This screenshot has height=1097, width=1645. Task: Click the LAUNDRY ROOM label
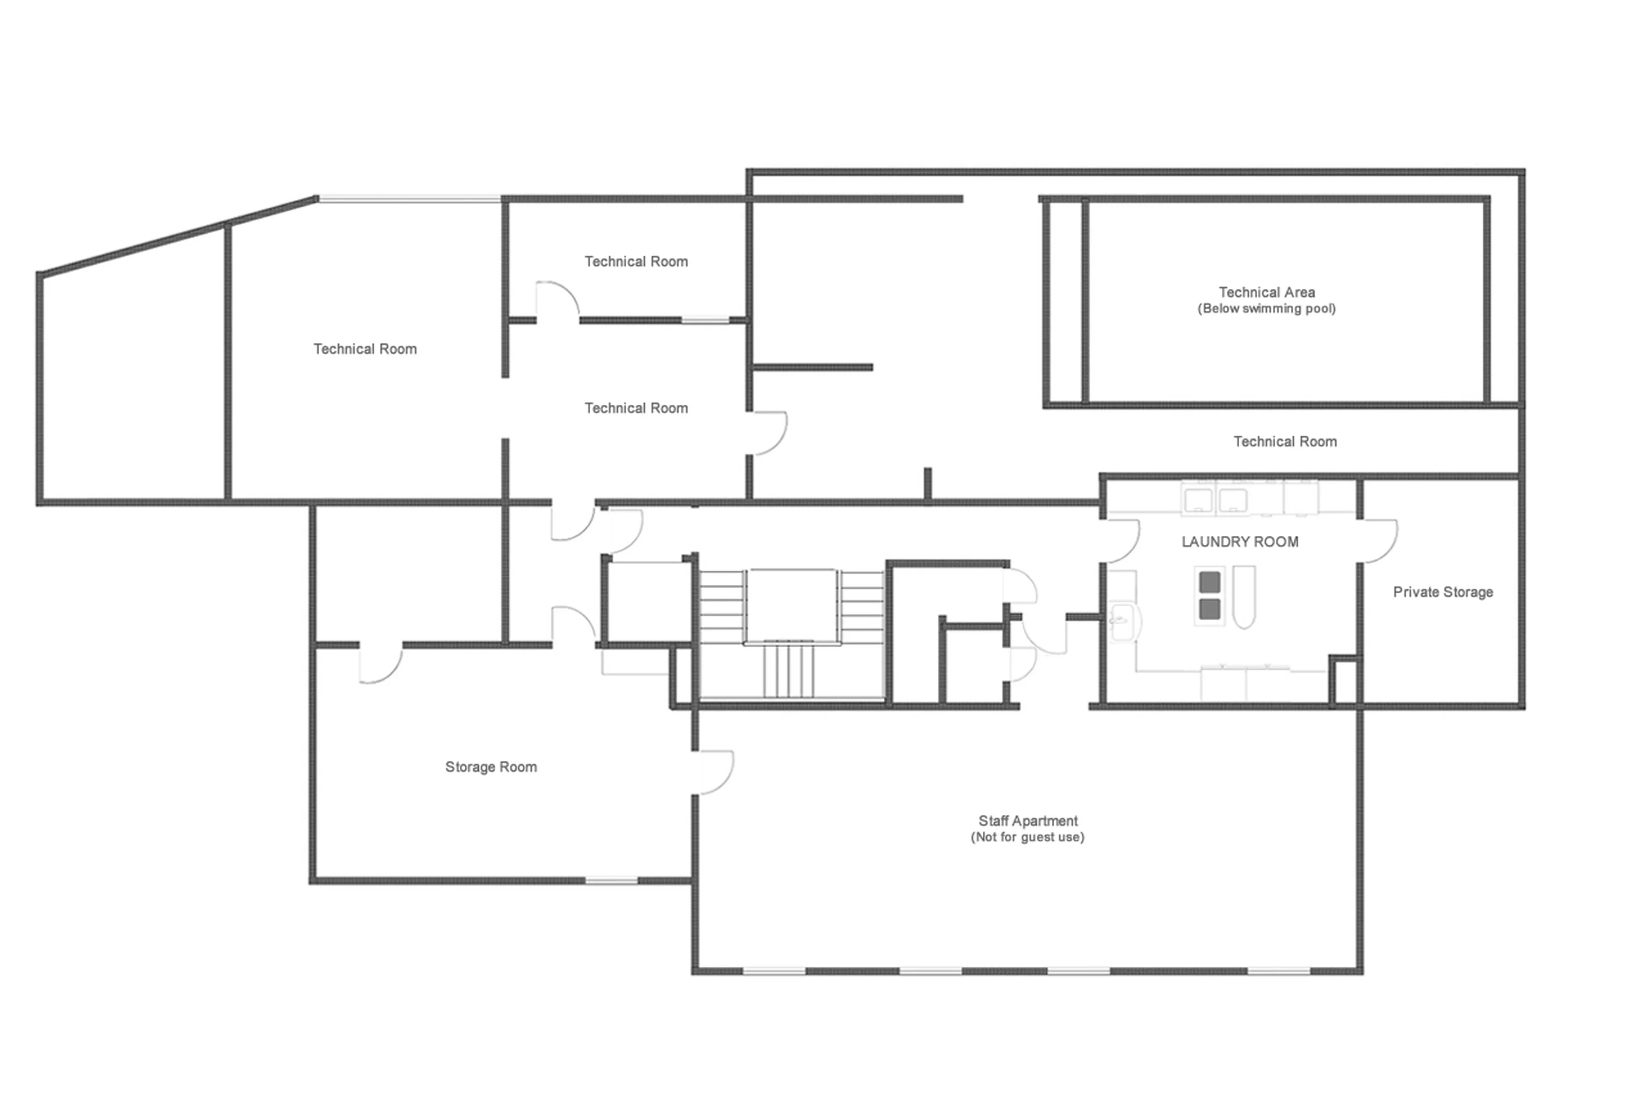point(1239,541)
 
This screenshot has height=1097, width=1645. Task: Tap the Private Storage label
point(1442,592)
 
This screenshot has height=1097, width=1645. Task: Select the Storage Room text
point(491,767)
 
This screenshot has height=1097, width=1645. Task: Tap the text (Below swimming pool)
point(1266,309)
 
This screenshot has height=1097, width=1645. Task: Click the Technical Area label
point(1266,292)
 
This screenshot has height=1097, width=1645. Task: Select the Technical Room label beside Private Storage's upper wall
point(1284,442)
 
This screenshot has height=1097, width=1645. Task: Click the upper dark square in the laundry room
point(1209,581)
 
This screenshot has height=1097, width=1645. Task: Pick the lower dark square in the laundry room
point(1209,609)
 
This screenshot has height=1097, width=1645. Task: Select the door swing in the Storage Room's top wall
point(380,663)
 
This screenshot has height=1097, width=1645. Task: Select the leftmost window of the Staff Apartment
point(773,971)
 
